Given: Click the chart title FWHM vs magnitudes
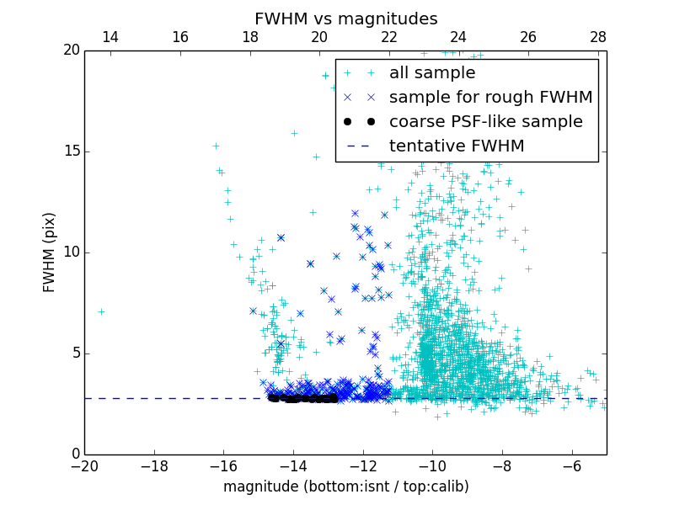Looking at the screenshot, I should [x=345, y=19].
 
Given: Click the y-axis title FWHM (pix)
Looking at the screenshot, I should [x=50, y=252].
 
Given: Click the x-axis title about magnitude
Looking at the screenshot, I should [x=345, y=486].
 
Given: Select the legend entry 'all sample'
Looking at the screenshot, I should [x=431, y=73].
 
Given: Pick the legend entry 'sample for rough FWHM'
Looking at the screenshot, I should [x=490, y=98].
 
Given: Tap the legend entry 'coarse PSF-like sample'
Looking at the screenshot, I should [x=485, y=122].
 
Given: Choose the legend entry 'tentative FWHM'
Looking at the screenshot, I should [x=457, y=146].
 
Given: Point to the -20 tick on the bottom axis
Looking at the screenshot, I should [x=84, y=465].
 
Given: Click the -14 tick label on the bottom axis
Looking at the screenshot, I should [x=292, y=465].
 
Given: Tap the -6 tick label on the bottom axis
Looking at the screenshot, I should [x=571, y=465].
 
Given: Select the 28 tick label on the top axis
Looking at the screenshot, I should [x=597, y=38].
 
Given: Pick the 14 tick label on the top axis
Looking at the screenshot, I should [x=110, y=38].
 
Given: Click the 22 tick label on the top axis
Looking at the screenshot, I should [x=388, y=38].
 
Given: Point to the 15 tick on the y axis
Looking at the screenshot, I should [x=72, y=151].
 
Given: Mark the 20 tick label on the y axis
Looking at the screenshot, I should [x=72, y=50].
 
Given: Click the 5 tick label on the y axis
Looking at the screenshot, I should [x=75, y=353].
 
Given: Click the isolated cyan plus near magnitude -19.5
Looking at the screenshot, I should [x=101, y=311].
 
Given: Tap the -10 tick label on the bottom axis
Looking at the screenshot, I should [x=431, y=465].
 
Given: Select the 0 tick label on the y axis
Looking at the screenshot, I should [x=75, y=454].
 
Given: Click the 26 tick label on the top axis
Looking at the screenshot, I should [x=528, y=38].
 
